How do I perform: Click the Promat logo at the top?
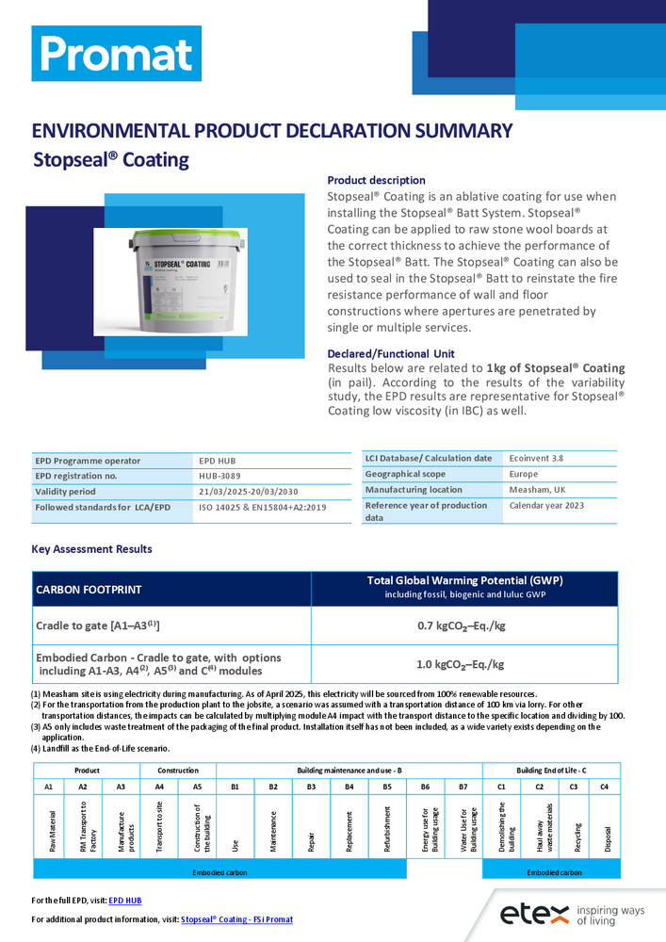click(116, 54)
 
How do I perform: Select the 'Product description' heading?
click(376, 180)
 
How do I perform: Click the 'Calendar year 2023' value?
click(546, 506)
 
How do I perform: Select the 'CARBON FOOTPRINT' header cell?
click(89, 590)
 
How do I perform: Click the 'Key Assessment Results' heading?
click(91, 549)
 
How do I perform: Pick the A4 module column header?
click(159, 786)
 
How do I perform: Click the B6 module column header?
click(425, 786)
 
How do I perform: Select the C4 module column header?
click(604, 786)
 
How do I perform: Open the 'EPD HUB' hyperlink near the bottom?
click(124, 901)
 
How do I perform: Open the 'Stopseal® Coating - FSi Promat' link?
click(236, 919)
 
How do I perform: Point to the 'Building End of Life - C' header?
click(551, 771)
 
